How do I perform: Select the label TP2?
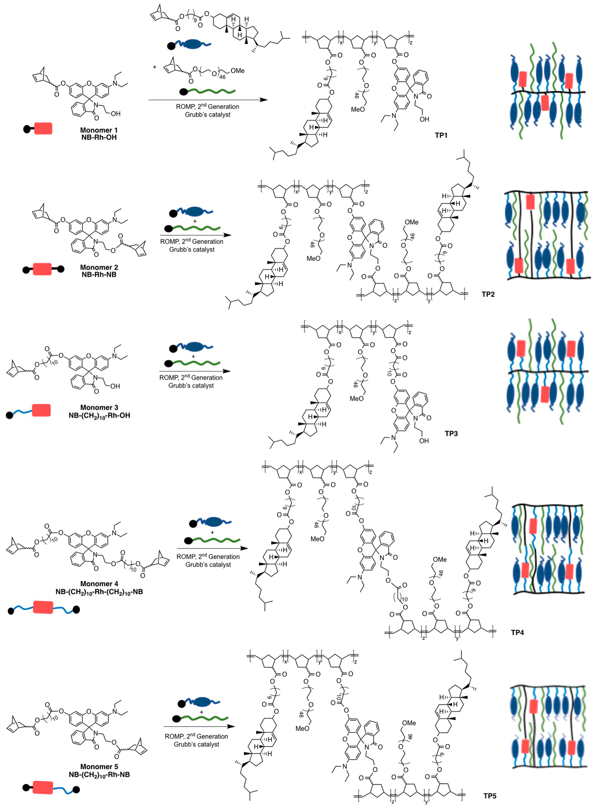pos(488,294)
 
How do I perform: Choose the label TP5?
pos(490,796)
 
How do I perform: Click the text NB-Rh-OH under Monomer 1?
pos(99,137)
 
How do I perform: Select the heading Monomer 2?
pos(99,267)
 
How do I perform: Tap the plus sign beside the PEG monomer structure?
pos(155,67)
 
